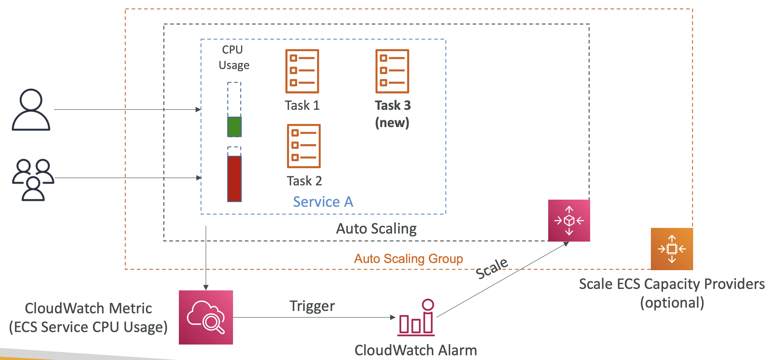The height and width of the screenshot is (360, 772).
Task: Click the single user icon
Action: point(31,109)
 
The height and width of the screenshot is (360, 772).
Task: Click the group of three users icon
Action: point(33,180)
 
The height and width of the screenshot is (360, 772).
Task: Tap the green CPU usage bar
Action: point(234,127)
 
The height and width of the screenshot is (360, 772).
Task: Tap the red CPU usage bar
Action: point(234,179)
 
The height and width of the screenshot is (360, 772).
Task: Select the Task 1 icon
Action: point(302,71)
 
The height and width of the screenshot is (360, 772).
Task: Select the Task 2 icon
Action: point(304,146)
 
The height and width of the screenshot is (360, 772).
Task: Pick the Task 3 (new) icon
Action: point(392,71)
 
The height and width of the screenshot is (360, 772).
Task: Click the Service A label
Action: point(323,201)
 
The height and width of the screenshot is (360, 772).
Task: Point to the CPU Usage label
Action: point(234,57)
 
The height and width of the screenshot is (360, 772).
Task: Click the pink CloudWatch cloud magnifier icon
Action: point(206,317)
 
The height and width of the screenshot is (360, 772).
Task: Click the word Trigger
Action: point(312,306)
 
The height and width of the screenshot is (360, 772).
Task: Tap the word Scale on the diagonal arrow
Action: point(492,268)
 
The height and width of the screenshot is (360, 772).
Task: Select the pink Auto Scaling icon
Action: point(569,220)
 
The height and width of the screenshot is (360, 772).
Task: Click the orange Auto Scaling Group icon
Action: point(672,249)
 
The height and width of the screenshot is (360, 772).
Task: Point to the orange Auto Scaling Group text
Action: point(408,259)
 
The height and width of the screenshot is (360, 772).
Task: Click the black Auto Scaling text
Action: point(376,229)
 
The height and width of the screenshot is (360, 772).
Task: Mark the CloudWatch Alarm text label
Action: point(416,350)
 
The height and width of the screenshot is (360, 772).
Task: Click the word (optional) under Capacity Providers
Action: point(672,303)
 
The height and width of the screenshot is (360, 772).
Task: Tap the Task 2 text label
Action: point(304,181)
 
